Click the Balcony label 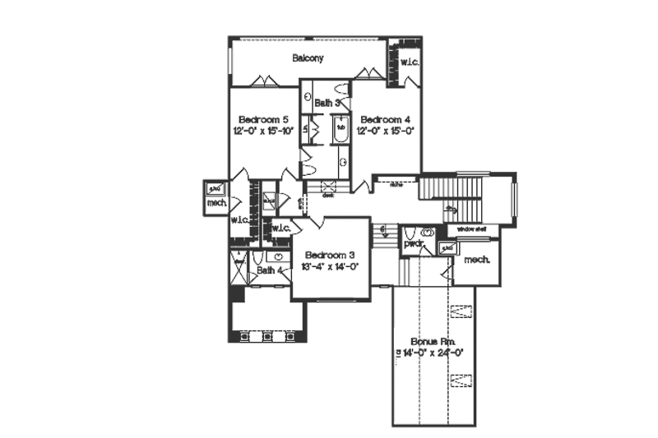(x=308, y=58)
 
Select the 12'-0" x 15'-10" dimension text (x=262, y=131)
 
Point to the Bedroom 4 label (x=385, y=118)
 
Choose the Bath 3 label (x=327, y=103)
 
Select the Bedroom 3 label (x=329, y=254)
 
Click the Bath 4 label (x=269, y=270)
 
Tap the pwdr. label (x=413, y=245)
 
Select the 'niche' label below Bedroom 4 (x=394, y=183)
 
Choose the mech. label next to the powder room (x=476, y=260)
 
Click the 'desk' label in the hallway (x=327, y=196)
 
